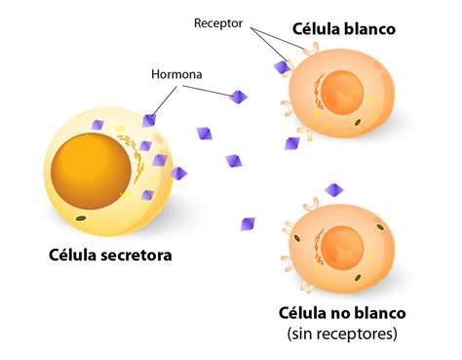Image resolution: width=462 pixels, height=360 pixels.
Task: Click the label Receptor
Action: pos(218,23)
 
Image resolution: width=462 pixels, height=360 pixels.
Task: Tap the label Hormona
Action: pos(176,74)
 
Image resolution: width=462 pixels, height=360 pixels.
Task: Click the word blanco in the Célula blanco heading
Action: pos(369,29)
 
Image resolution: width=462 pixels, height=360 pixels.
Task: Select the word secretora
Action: pos(136,256)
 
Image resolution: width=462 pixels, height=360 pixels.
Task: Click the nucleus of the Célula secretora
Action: pos(92,172)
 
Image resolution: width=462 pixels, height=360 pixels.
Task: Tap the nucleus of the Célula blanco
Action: pos(343,93)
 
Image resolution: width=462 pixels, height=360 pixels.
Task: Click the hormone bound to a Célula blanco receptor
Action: pos(282,68)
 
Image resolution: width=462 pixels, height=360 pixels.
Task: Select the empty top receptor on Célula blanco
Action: pos(311,49)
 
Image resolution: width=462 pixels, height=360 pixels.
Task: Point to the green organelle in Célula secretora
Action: pos(80,219)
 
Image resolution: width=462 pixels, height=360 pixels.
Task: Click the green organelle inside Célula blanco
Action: pos(358,122)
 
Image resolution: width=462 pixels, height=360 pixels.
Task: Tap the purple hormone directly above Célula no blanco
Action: pos(334,189)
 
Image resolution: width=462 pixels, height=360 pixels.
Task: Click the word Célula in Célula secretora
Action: pos(73,255)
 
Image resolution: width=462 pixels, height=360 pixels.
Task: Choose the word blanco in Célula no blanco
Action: pos(379,313)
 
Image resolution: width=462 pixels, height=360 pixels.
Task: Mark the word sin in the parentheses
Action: pos(298,334)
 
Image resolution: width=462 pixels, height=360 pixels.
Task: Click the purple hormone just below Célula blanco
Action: pos(292,143)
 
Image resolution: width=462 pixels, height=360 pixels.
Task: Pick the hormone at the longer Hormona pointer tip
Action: pos(239,97)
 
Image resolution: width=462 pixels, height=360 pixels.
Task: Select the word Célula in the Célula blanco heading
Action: pos(316,29)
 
